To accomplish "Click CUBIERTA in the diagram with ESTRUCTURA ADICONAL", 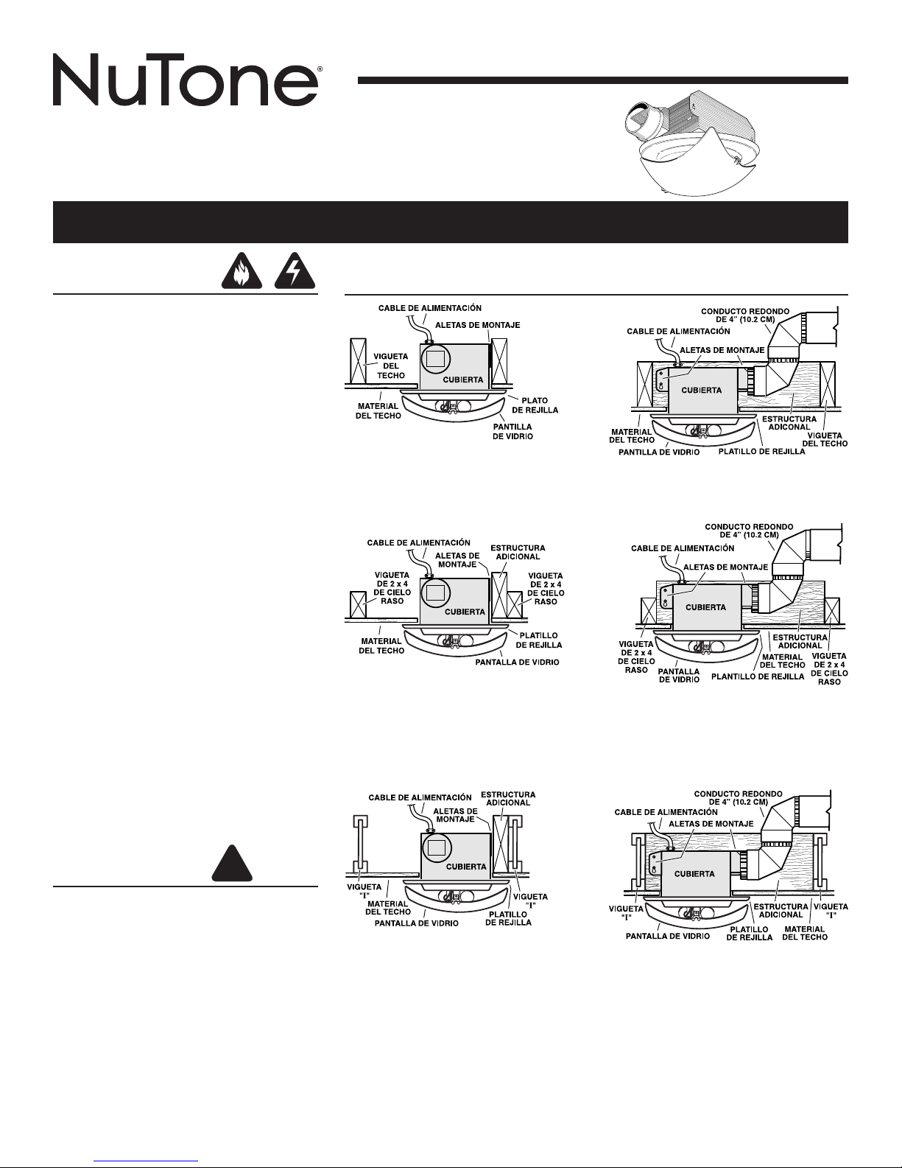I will pos(700,389).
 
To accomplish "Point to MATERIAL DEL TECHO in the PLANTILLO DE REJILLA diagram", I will pos(782,660).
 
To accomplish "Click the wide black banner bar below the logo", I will pos(451,222).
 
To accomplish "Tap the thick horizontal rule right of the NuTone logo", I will pos(603,80).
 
